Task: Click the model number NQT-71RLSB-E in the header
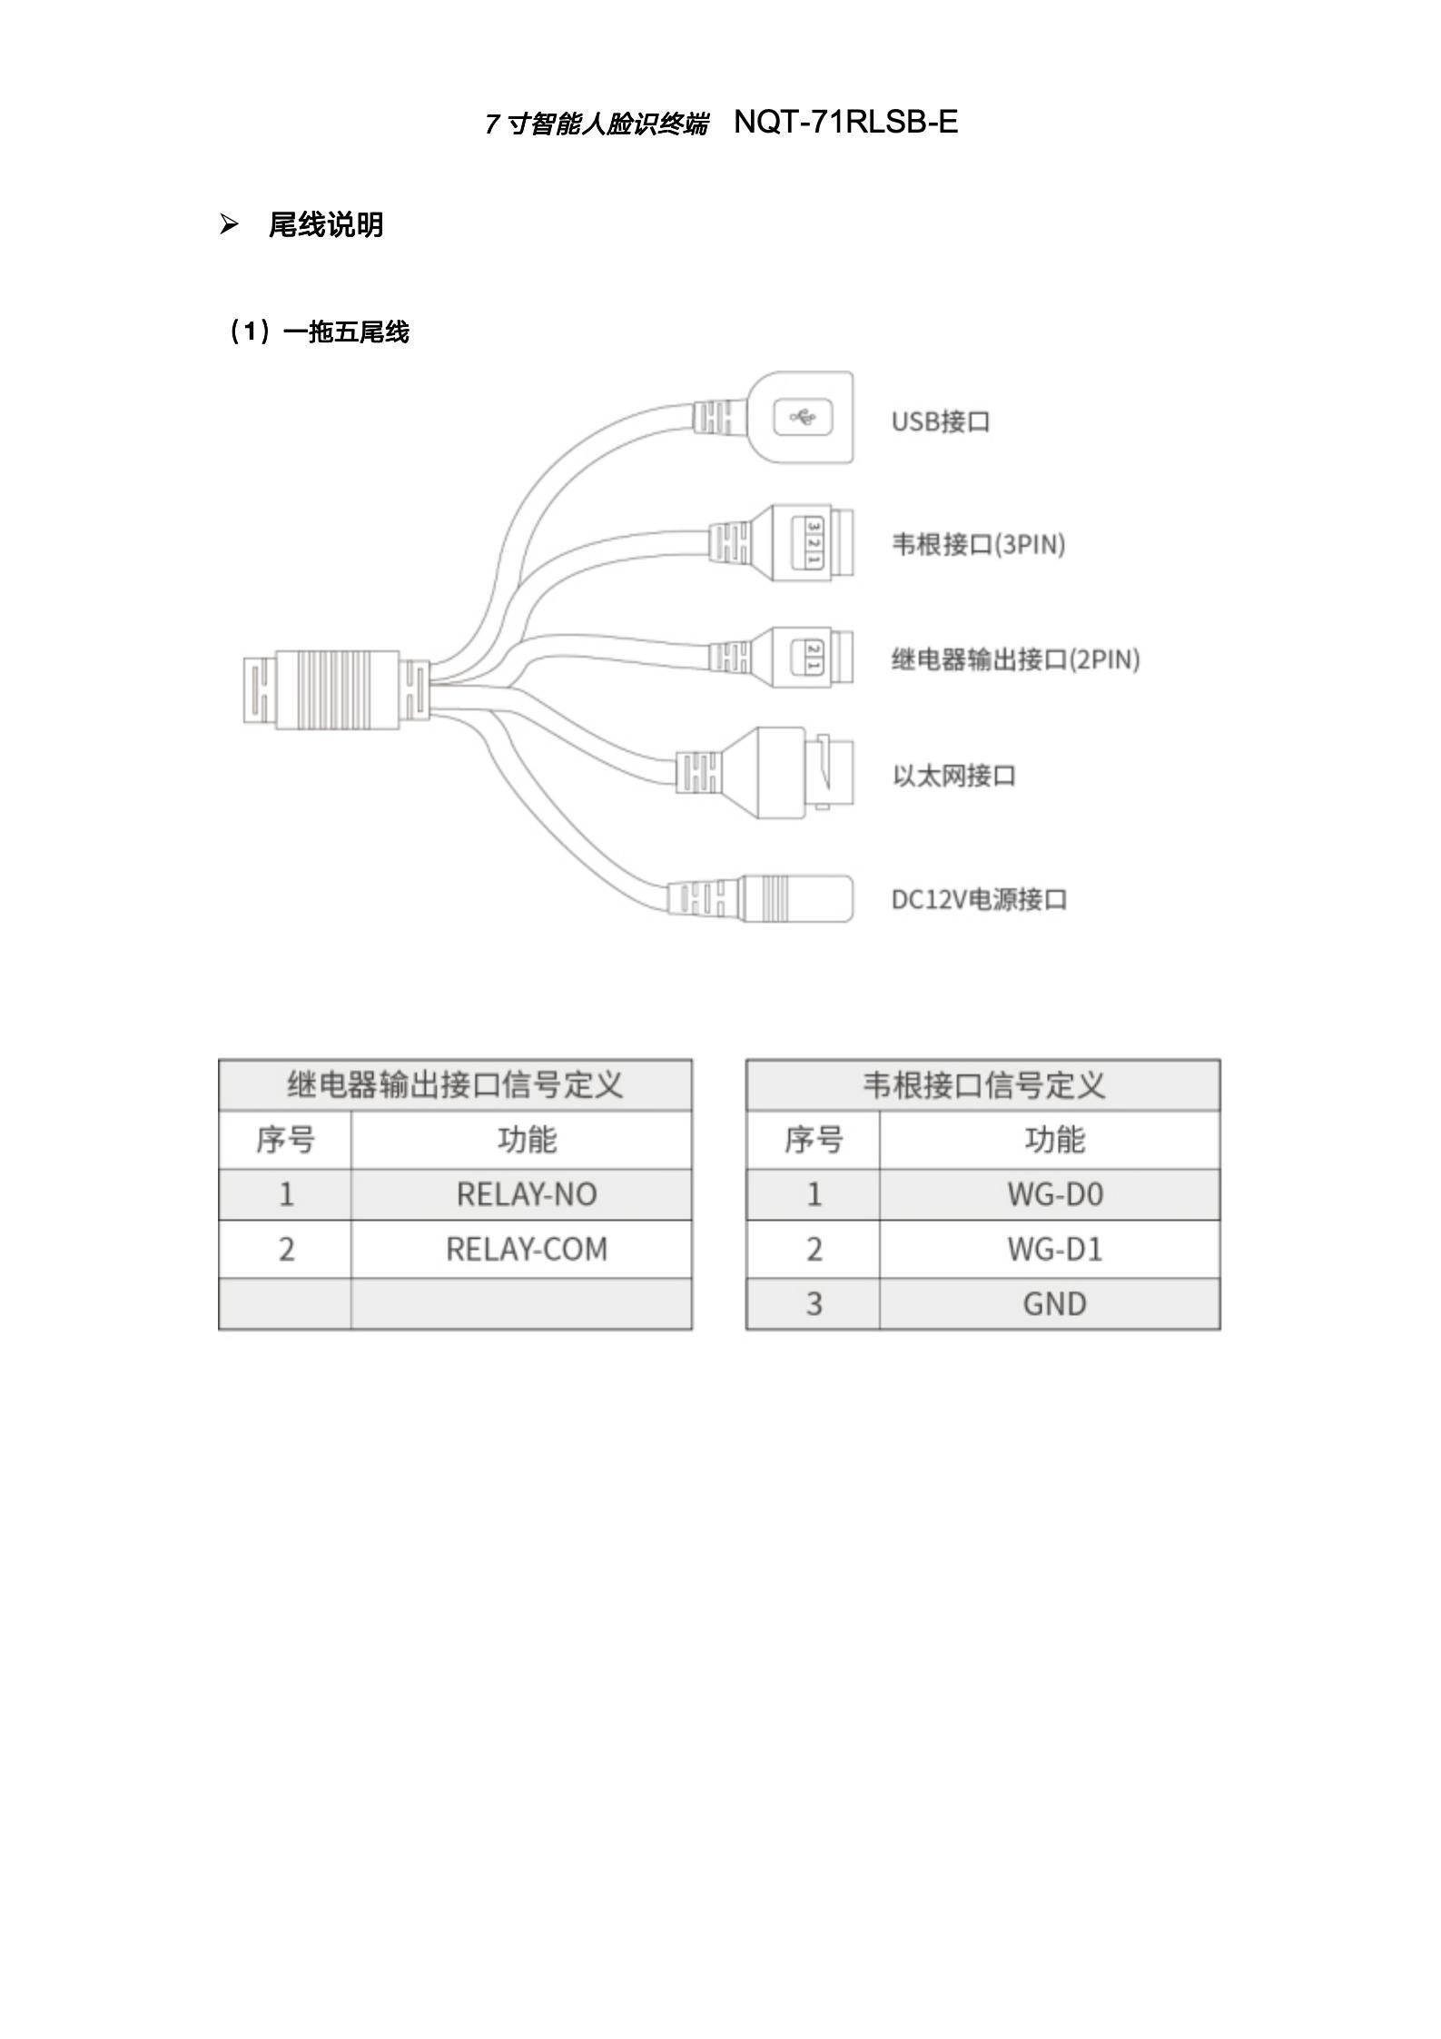point(845,122)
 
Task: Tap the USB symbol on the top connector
point(803,418)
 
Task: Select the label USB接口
point(941,421)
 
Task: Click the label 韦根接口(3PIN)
point(978,544)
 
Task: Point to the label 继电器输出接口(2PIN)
point(1015,658)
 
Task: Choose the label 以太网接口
point(953,776)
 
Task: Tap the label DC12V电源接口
point(979,899)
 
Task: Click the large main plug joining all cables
point(337,689)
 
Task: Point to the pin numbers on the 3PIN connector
point(814,543)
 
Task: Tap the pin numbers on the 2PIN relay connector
point(814,657)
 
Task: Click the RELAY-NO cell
point(527,1194)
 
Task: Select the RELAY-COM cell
point(527,1250)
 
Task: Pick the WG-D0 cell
point(1055,1194)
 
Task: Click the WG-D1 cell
point(1055,1250)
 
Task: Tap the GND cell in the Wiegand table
point(1055,1304)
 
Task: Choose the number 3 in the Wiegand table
point(814,1304)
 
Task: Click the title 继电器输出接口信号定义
point(456,1084)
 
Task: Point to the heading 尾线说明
point(326,224)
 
